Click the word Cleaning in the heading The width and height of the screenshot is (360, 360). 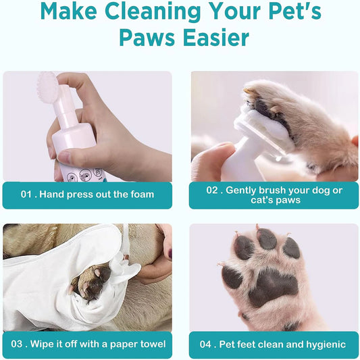pos(147,12)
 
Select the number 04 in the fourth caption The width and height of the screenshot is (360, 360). pos(206,344)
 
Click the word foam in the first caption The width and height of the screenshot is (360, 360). pos(141,195)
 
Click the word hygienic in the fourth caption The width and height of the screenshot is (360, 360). pos(322,344)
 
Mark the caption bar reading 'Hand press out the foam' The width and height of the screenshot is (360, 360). pos(87,195)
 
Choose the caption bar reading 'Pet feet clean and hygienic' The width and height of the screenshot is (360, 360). pos(274,344)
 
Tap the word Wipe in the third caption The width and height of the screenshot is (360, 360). pos(54,344)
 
